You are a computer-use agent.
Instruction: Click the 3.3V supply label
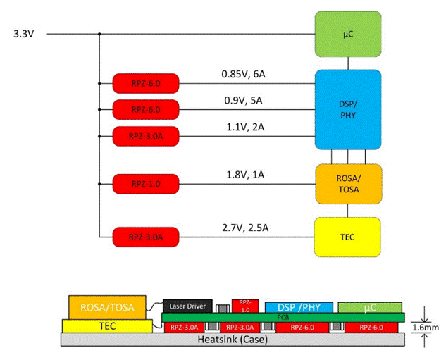point(23,34)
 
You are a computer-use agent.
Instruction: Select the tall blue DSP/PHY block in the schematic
point(348,109)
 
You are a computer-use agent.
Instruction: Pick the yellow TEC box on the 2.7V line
point(348,237)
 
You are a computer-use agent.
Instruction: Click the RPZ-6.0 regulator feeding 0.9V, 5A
point(146,109)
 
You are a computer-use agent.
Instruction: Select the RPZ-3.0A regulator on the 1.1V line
point(146,135)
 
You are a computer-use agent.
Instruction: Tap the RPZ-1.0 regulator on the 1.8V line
point(146,185)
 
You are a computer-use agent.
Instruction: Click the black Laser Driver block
point(187,306)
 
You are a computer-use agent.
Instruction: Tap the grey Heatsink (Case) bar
point(232,340)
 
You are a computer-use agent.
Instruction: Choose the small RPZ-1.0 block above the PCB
point(245,304)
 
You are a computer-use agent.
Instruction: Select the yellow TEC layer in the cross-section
point(106,325)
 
